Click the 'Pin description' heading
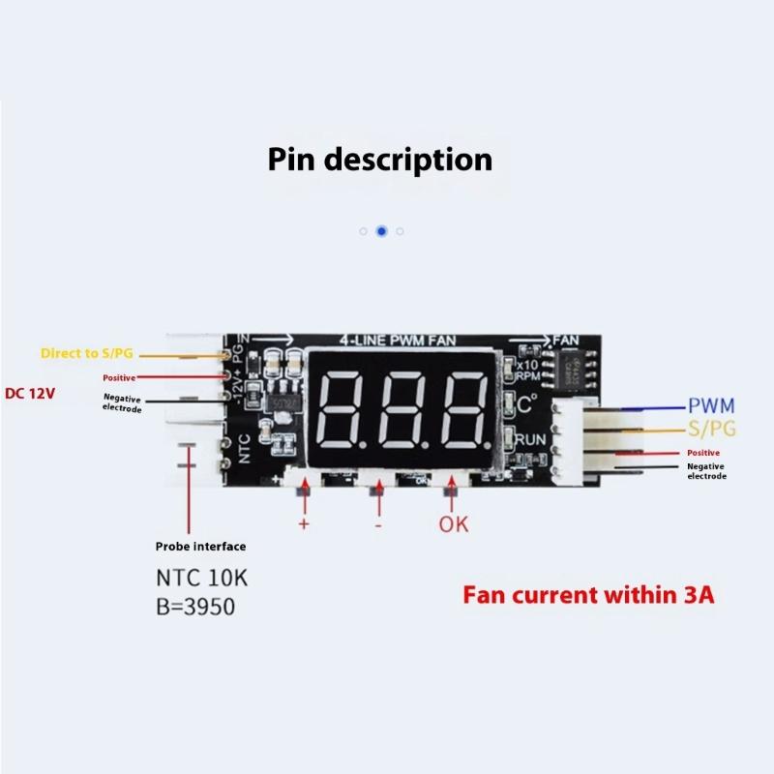click(x=379, y=159)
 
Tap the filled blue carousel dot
click(x=381, y=231)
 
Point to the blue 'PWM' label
click(x=712, y=406)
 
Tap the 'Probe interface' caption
click(x=201, y=546)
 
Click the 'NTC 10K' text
click(x=202, y=579)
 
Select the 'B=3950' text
click(x=195, y=608)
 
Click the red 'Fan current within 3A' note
click(x=588, y=594)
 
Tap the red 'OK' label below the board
click(x=454, y=524)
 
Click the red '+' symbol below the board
click(x=303, y=524)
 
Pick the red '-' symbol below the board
click(x=377, y=524)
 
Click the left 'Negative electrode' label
click(x=123, y=403)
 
